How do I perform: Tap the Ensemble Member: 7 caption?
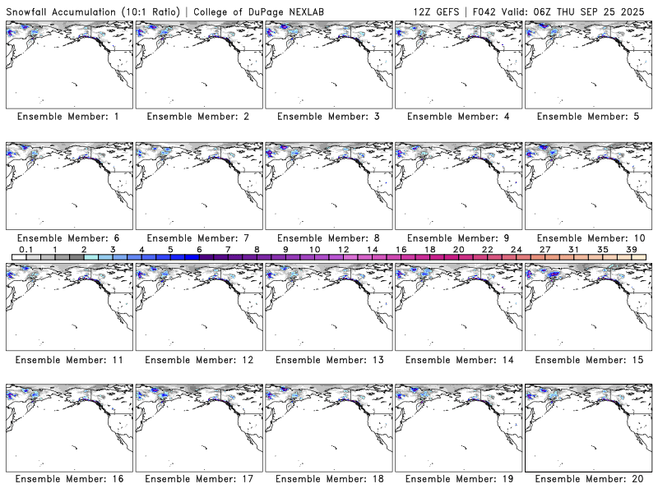(198, 238)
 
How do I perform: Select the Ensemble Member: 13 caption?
(328, 360)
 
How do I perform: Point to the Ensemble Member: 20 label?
(590, 478)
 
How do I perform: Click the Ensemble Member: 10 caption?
(590, 238)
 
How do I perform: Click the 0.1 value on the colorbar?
(25, 249)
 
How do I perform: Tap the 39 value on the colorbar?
(631, 249)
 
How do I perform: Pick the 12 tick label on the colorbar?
(343, 249)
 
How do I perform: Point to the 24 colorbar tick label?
(516, 249)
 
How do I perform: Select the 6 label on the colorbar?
(199, 249)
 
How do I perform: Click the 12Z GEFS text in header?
(438, 10)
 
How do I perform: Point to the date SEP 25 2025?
(614, 10)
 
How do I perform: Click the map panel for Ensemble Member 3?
(328, 64)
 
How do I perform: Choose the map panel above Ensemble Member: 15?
(589, 305)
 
